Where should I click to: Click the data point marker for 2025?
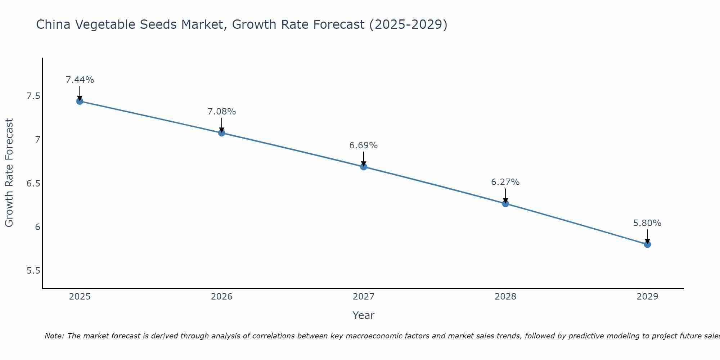click(80, 101)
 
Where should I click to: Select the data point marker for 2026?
click(222, 133)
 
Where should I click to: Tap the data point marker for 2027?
click(364, 167)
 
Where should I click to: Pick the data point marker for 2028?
click(505, 204)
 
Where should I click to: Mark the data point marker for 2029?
click(647, 244)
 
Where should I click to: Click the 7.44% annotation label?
click(80, 80)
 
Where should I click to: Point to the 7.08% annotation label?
click(222, 112)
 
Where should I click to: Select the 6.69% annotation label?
click(364, 145)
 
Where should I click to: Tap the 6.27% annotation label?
click(505, 182)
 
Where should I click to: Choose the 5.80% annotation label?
click(647, 223)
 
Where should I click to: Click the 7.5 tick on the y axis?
click(33, 96)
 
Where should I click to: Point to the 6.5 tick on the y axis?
click(33, 184)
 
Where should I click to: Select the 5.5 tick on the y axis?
click(33, 271)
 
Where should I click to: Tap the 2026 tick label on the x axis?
click(222, 297)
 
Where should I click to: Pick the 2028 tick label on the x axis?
click(505, 297)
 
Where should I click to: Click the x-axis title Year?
click(364, 315)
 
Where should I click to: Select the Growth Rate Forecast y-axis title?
click(9, 173)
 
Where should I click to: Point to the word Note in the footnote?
click(54, 336)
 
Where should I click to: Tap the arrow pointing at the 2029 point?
click(647, 236)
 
